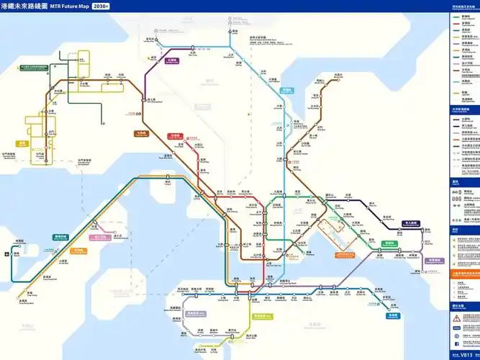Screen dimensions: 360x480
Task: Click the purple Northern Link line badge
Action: click(x=171, y=61)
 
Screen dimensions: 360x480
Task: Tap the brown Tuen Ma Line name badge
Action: click(x=140, y=133)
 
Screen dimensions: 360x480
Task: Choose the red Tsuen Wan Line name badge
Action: click(x=174, y=135)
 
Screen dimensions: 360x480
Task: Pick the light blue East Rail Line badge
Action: click(x=287, y=91)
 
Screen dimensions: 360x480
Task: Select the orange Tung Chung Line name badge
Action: click(x=78, y=251)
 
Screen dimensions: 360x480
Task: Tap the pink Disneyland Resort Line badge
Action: click(x=99, y=237)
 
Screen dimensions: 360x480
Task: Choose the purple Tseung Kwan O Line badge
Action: click(x=434, y=260)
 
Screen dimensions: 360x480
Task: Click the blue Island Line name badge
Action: click(x=392, y=315)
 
